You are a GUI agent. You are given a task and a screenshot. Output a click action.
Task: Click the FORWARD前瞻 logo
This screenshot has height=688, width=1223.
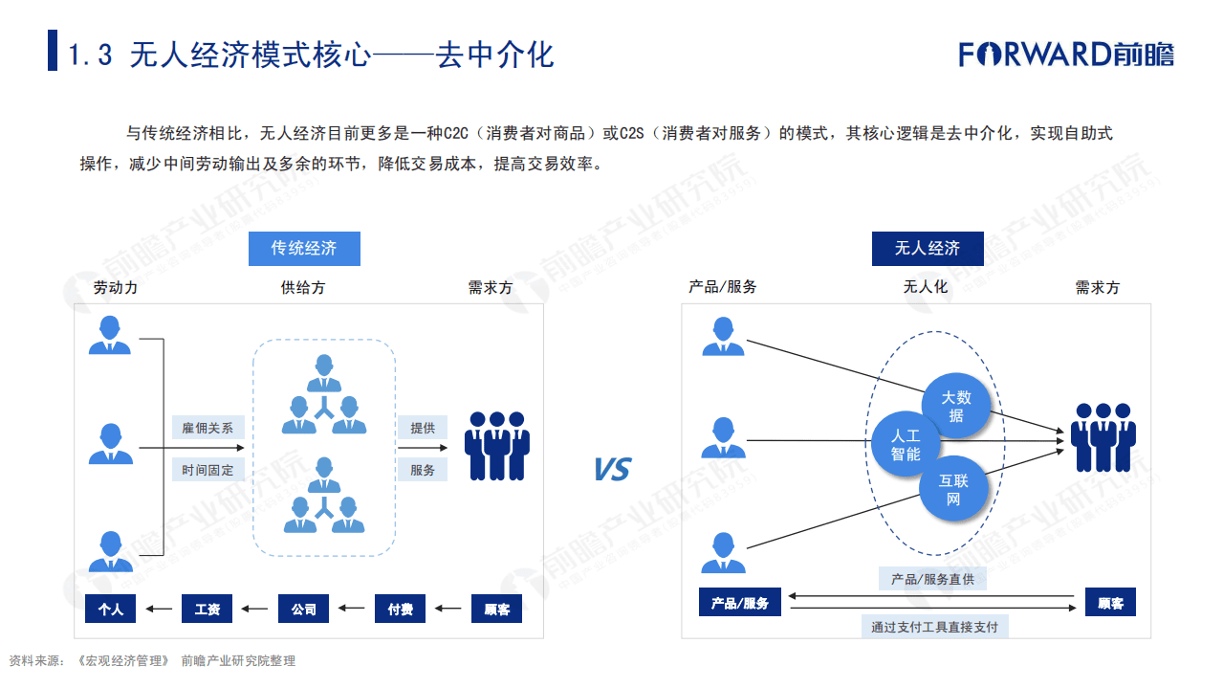(x=1066, y=54)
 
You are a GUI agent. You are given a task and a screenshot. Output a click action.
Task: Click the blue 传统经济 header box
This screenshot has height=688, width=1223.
(x=304, y=249)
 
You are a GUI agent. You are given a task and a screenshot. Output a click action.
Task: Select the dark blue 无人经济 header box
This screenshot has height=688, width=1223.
(x=927, y=249)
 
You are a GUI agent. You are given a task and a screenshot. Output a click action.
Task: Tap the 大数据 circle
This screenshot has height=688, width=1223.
(x=955, y=406)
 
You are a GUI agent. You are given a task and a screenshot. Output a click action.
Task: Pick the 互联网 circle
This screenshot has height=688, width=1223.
(x=952, y=489)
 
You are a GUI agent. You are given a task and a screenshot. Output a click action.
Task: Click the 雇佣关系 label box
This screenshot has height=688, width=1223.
(x=207, y=428)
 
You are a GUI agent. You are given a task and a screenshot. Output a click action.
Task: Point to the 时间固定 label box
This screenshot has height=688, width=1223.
(x=207, y=470)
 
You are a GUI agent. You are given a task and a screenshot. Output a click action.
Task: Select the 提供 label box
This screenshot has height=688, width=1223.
(x=423, y=428)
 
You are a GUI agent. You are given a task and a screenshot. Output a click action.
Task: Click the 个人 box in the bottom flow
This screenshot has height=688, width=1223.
(x=111, y=609)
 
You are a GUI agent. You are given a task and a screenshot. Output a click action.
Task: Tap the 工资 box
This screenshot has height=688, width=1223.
(x=207, y=609)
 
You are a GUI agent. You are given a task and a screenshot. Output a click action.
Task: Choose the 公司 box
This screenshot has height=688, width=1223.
(x=304, y=609)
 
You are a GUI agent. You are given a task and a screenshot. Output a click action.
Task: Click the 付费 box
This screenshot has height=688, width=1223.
(x=400, y=609)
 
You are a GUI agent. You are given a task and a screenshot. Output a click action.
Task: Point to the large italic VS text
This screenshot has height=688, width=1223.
(x=612, y=470)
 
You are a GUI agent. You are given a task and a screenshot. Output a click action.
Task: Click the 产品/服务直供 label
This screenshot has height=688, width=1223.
(x=932, y=579)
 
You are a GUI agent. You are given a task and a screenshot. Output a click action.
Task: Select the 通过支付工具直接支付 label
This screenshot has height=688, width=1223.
(x=934, y=627)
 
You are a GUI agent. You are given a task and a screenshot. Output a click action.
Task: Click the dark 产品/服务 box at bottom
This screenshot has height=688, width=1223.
(x=740, y=603)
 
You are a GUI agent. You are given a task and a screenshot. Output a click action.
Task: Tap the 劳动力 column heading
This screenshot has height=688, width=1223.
(x=116, y=287)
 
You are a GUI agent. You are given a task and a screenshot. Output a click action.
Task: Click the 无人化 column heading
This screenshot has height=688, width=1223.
(x=925, y=287)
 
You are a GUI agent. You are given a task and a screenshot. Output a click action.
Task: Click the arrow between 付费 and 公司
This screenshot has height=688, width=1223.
(x=352, y=609)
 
